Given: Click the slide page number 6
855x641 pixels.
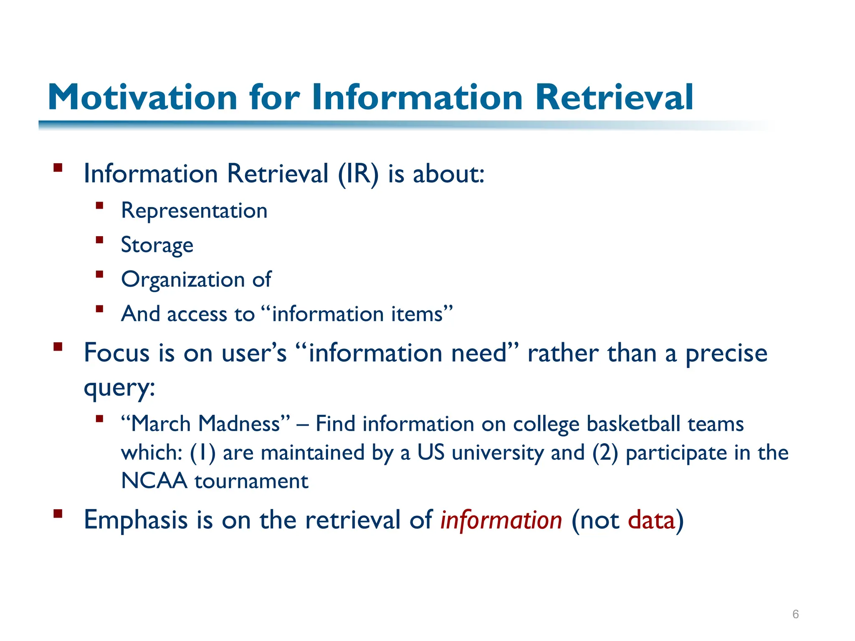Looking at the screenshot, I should pos(795,614).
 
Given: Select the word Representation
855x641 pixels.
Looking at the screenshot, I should pos(194,210).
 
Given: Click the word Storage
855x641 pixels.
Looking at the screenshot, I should pos(157,245).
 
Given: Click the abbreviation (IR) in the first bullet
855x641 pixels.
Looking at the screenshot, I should pos(358,174).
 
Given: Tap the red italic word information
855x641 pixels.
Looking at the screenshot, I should pos(501,520).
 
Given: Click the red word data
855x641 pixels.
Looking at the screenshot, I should pos(651,520).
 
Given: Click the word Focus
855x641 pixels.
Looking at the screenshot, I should pos(116,353).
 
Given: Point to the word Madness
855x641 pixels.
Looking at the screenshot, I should pos(244,424).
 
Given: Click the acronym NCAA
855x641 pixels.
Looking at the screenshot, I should pos(154,481).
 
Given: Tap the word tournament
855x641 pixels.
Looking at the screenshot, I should pos(251,481).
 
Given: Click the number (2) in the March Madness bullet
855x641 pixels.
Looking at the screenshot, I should pos(605,453).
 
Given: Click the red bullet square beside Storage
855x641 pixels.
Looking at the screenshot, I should pos(99,240).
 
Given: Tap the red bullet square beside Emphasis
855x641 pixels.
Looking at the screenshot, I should pos(58,513).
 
